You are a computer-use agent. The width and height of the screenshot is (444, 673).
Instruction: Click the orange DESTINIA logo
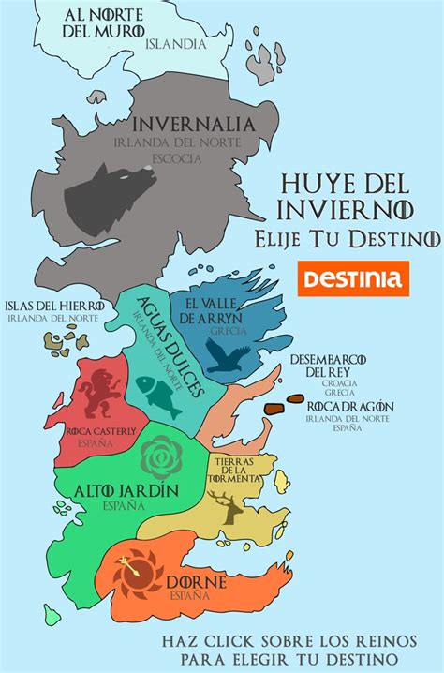pyautogui.click(x=352, y=278)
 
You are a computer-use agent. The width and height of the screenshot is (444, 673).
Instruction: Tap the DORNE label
pyautogui.click(x=196, y=582)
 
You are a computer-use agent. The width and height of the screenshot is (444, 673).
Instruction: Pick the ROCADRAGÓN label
pyautogui.click(x=348, y=406)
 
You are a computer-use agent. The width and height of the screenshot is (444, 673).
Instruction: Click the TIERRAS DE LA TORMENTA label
pyautogui.click(x=238, y=471)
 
